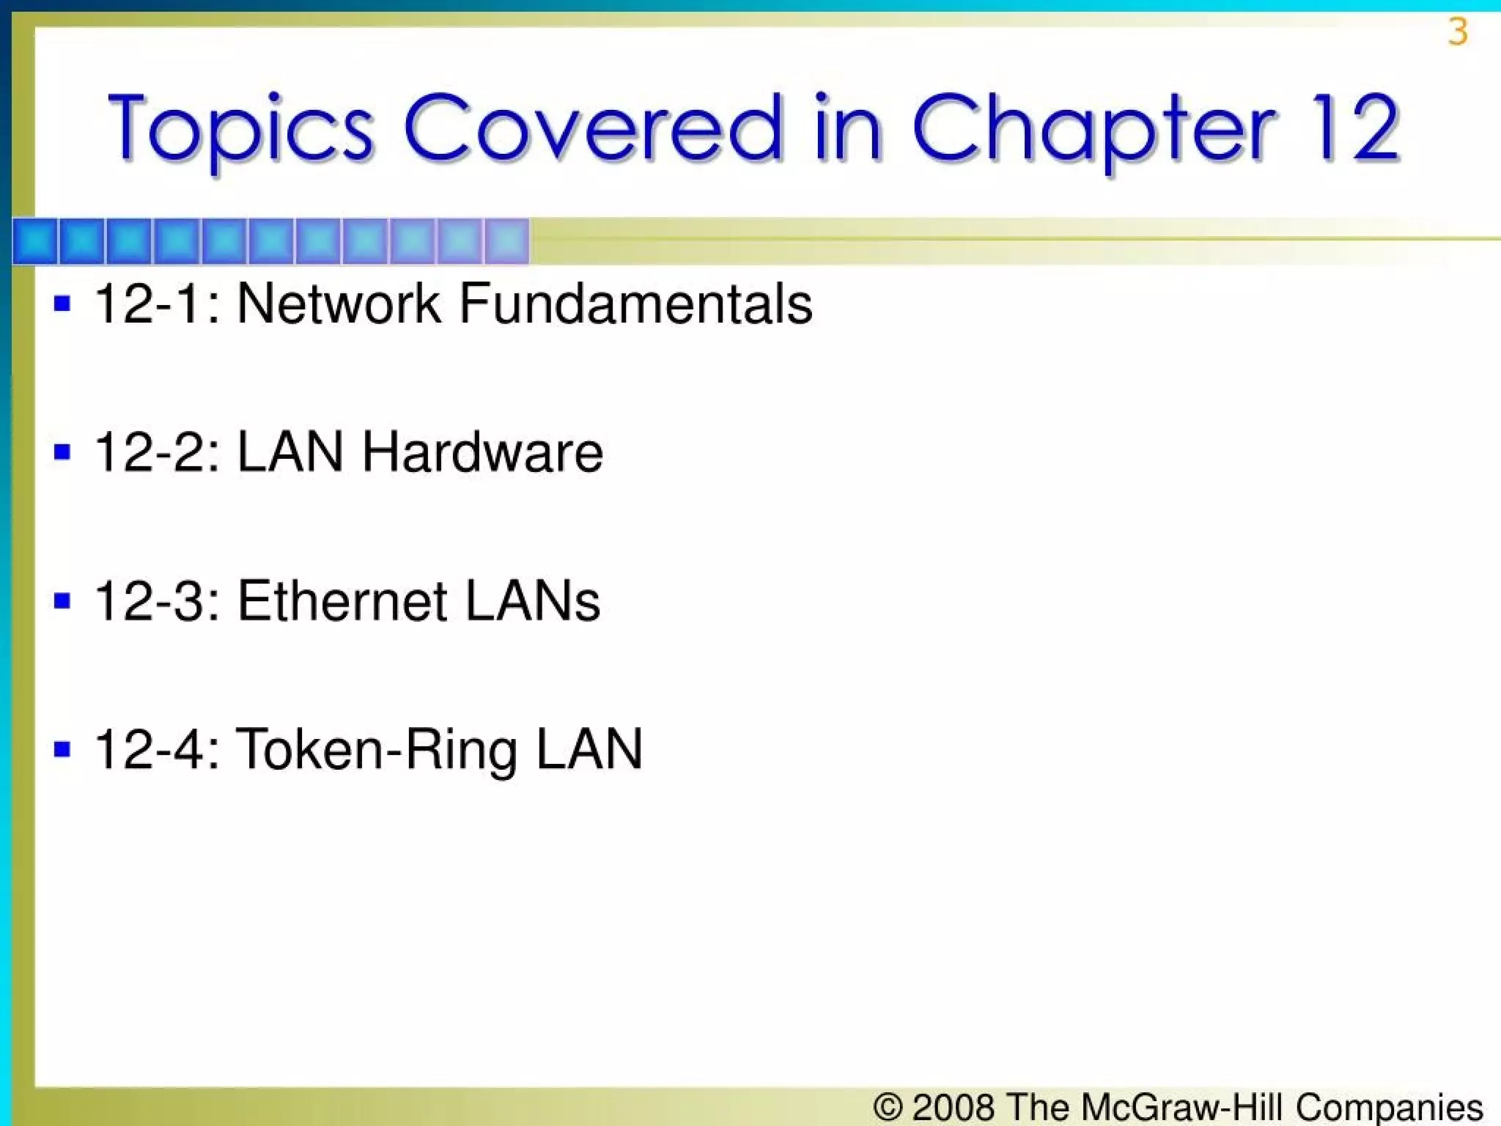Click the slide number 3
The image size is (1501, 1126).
point(1458,32)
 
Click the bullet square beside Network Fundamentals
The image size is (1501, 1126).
point(62,303)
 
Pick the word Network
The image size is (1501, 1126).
point(339,303)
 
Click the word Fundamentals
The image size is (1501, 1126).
point(635,303)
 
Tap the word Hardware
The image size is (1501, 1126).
point(482,452)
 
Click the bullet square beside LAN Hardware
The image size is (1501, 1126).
point(62,452)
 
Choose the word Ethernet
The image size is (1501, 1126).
point(342,601)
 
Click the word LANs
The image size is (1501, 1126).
point(533,601)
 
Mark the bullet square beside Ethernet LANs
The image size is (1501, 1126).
point(62,601)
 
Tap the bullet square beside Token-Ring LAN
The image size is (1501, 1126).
point(62,749)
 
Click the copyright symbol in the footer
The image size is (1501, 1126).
point(888,1107)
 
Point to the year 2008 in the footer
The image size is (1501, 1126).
point(954,1107)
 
